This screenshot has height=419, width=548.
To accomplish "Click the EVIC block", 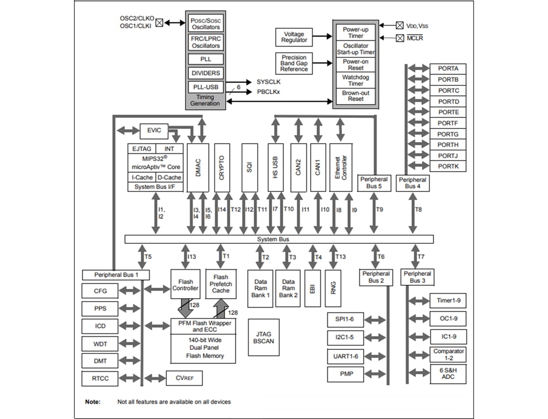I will [154, 131].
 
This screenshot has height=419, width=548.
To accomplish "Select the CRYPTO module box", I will [221, 168].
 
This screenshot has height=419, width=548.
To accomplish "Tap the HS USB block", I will [276, 168].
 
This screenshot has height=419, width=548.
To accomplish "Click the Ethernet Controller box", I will [341, 168].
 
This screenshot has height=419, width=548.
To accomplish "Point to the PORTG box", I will [448, 134].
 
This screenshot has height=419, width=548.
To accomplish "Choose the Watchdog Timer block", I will [356, 80].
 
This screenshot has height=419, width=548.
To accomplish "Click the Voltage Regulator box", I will [294, 37].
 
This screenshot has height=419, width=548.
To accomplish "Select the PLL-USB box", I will [205, 86].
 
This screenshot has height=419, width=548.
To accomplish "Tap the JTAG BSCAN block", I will [263, 337].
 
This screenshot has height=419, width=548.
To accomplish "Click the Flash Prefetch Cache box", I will [221, 284].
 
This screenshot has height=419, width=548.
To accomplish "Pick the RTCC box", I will [100, 378].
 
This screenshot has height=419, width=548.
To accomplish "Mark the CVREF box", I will [180, 378].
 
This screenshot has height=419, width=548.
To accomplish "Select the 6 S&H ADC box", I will [448, 374].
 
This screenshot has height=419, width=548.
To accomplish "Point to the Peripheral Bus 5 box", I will [374, 183].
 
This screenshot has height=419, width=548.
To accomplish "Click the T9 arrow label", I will [380, 209].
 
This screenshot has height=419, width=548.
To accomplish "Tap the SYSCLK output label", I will [268, 82].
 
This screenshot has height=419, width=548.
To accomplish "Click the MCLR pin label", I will [415, 38].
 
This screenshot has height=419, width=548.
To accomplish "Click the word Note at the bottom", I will [92, 402].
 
